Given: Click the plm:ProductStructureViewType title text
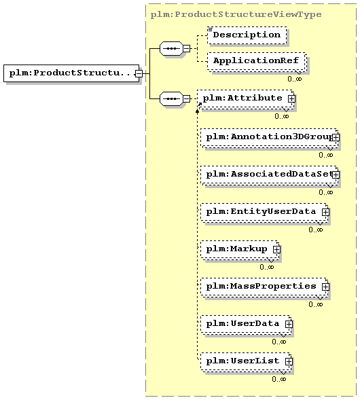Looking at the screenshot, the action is [236, 14].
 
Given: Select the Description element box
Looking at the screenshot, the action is [247, 35].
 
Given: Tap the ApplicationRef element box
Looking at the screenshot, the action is [257, 61].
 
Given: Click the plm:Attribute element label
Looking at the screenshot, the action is [242, 98].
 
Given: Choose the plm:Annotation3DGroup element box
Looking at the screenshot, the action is [270, 138].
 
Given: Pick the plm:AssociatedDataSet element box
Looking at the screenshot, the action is [270, 175].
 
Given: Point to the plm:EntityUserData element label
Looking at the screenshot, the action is [261, 212].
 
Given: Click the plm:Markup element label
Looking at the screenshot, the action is [236, 249].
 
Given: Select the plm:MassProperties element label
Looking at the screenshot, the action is [261, 286].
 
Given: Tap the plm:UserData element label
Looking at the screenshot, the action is [242, 324].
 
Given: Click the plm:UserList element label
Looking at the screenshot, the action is [242, 361].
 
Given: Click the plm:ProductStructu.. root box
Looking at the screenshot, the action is [71, 73].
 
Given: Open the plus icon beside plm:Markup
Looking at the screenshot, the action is [276, 249].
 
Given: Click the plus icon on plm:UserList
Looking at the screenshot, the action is [289, 361].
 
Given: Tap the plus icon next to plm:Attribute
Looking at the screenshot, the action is [291, 98].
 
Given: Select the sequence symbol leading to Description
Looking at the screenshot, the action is [171, 48].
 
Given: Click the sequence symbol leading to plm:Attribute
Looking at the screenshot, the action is [171, 98].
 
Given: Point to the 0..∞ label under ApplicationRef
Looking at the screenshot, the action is [295, 79].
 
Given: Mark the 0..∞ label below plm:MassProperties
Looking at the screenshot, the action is [316, 304].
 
